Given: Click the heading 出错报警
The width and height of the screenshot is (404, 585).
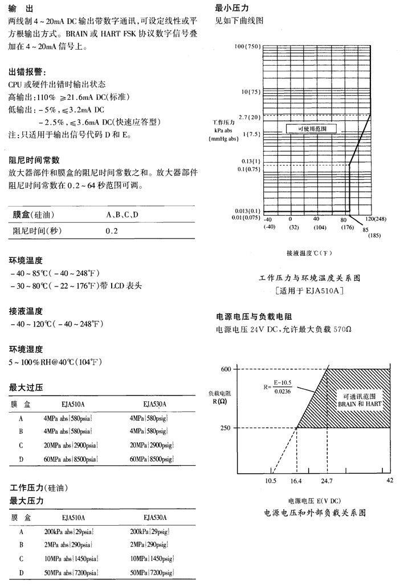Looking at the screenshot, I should [27, 72].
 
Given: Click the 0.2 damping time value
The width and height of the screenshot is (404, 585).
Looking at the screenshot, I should [112, 231].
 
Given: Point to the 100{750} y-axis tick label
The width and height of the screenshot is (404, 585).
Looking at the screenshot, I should [247, 46].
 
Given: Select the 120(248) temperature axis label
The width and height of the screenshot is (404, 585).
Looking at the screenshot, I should [376, 219].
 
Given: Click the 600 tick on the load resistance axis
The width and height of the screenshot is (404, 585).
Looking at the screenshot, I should [225, 369].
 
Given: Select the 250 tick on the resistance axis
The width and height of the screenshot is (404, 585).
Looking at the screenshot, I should [225, 427].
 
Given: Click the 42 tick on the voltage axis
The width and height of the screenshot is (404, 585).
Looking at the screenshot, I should [390, 481].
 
